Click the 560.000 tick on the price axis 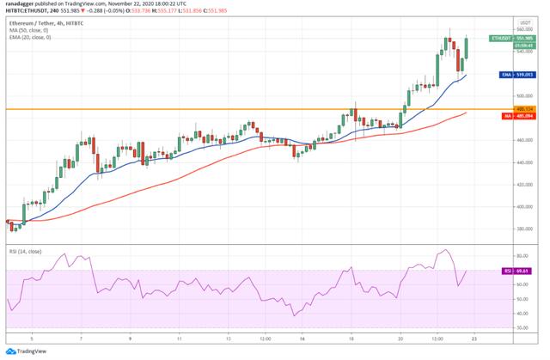click(x=522, y=28)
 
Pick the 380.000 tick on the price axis click(x=522, y=229)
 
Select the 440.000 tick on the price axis click(x=522, y=162)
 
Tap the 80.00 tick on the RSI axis click(x=522, y=256)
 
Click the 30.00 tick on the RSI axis click(x=522, y=326)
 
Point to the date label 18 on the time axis click(x=352, y=338)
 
